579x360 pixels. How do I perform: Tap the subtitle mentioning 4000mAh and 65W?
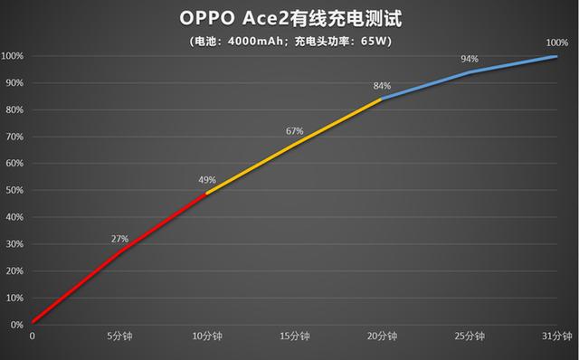point(289,42)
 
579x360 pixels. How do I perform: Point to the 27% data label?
point(119,239)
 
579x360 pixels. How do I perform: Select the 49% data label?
point(207,179)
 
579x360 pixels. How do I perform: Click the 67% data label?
point(294,131)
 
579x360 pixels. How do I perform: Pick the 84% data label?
point(382,86)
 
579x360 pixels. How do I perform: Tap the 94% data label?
point(469,59)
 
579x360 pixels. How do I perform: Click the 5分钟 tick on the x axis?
point(119,335)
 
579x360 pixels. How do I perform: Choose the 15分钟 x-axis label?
point(294,335)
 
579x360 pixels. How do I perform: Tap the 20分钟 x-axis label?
point(381,335)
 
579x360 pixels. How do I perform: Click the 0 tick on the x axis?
point(33,335)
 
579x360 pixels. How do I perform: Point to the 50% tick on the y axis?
point(13,190)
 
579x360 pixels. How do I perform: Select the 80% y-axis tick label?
point(13,109)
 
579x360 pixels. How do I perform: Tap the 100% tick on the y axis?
point(12,56)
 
